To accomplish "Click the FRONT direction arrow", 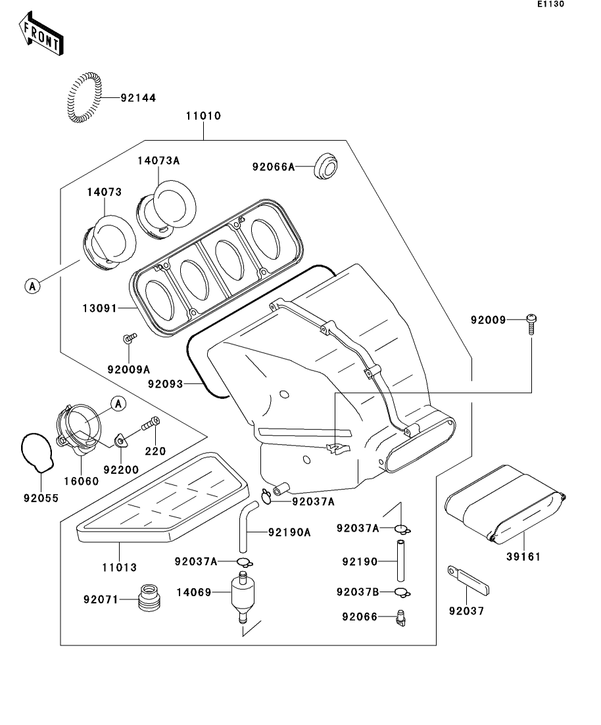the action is [41, 34].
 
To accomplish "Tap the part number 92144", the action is [138, 98].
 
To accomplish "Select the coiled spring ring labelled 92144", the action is [84, 97].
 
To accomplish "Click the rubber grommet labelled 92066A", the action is [325, 167].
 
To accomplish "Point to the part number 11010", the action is [204, 116].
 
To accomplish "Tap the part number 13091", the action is [100, 308].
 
